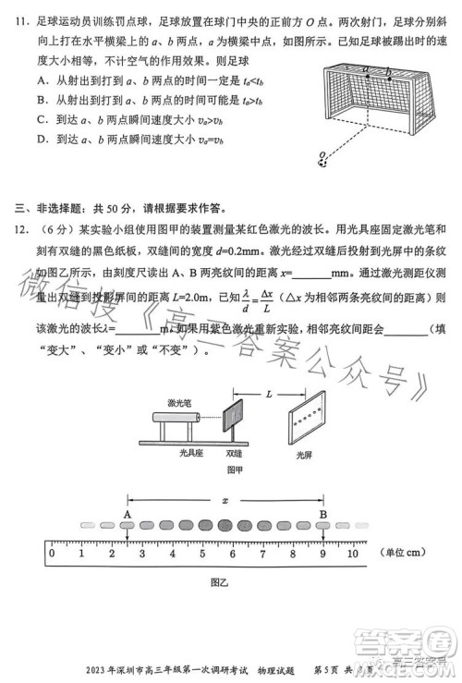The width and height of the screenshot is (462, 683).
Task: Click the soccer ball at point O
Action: click(x=322, y=161)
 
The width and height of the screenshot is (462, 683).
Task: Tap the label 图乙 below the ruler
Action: click(x=219, y=583)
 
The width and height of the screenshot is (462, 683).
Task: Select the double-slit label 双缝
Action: click(x=235, y=455)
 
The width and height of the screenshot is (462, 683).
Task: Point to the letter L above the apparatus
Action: click(x=267, y=368)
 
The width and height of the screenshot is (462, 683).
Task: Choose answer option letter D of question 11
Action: click(x=43, y=140)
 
